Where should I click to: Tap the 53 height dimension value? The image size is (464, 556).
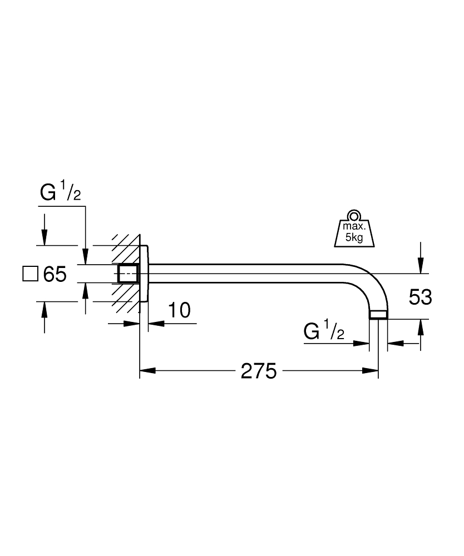(x=420, y=297)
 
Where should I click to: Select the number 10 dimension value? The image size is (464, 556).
(x=179, y=310)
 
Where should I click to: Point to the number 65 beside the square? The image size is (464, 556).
(x=55, y=274)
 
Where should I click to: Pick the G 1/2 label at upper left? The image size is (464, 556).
(x=61, y=193)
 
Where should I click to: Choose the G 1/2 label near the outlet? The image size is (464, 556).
(x=324, y=332)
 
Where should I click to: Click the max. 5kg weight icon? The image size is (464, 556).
(x=354, y=230)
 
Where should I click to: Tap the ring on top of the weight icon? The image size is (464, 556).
(x=354, y=216)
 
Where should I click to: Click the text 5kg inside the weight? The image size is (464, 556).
(x=354, y=237)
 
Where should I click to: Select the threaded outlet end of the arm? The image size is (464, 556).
(x=378, y=315)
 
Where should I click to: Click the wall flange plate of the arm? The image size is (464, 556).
(x=144, y=274)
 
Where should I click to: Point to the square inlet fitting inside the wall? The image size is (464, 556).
(x=128, y=274)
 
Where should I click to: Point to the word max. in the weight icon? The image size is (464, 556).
(x=354, y=227)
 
